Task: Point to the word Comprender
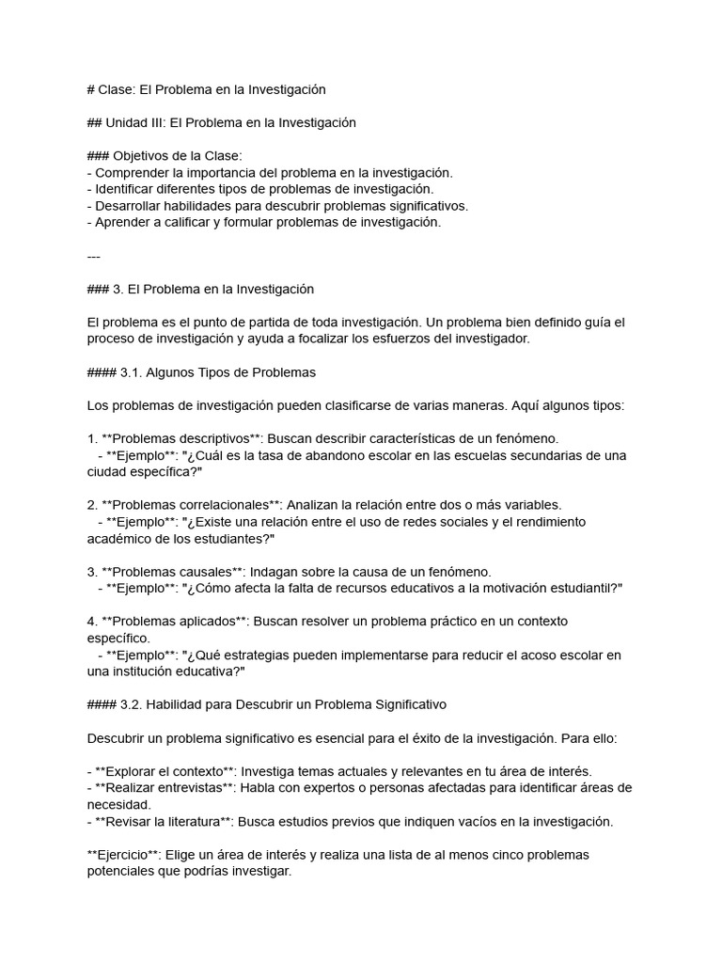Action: [130, 173]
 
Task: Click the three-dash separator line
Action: [92, 256]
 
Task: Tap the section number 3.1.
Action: [132, 372]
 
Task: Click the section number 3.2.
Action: [132, 704]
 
